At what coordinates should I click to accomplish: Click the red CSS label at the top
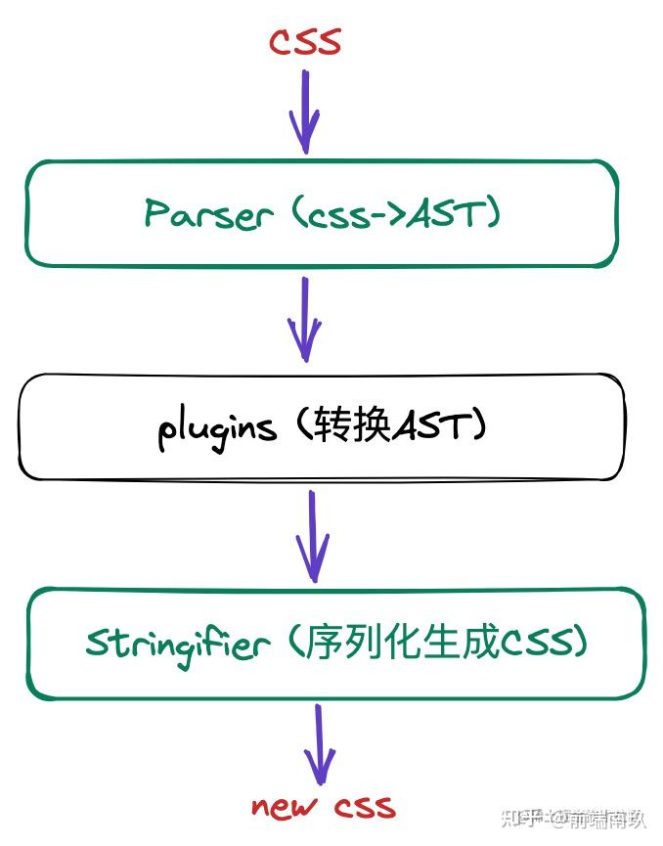tap(305, 41)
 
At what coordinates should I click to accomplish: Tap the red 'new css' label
tap(324, 806)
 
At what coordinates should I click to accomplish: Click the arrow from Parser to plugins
tap(305, 319)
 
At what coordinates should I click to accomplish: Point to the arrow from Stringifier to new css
tap(319, 743)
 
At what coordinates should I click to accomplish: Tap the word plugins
tap(216, 428)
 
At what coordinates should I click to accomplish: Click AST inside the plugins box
tap(430, 426)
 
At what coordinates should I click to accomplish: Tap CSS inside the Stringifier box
tap(537, 643)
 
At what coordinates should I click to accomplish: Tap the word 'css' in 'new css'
tap(364, 807)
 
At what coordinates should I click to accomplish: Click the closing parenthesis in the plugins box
tap(478, 426)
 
